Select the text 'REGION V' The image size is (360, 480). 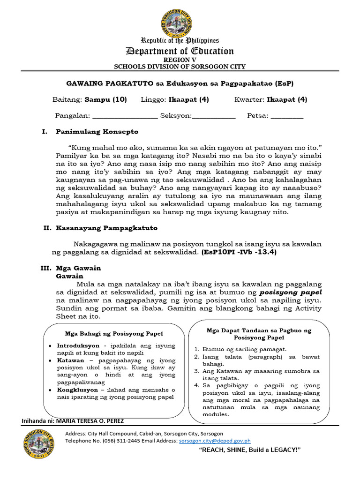pos(180,60)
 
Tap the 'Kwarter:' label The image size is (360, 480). pos(249,99)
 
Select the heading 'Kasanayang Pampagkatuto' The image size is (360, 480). pos(106,228)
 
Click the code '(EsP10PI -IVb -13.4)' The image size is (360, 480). pos(239,252)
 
